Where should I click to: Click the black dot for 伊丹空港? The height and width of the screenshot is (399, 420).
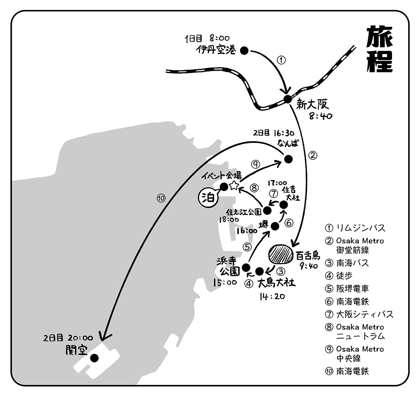(x=244, y=51)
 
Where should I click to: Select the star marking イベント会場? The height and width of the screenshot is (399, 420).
(x=234, y=186)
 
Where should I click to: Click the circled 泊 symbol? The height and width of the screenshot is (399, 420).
(x=207, y=198)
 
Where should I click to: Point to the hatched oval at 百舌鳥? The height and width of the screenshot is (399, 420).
(x=281, y=254)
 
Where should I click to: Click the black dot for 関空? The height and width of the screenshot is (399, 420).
(x=94, y=358)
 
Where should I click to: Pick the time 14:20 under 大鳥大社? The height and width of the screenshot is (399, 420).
(x=272, y=296)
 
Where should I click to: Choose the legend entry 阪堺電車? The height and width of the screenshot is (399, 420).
(x=352, y=289)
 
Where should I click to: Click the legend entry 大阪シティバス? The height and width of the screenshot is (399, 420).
(x=365, y=314)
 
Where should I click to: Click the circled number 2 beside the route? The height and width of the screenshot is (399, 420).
(x=313, y=154)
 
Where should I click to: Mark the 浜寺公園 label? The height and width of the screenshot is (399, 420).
(x=230, y=266)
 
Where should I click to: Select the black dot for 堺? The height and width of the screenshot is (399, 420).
(x=275, y=226)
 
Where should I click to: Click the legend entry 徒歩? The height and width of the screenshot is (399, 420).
(x=344, y=276)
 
